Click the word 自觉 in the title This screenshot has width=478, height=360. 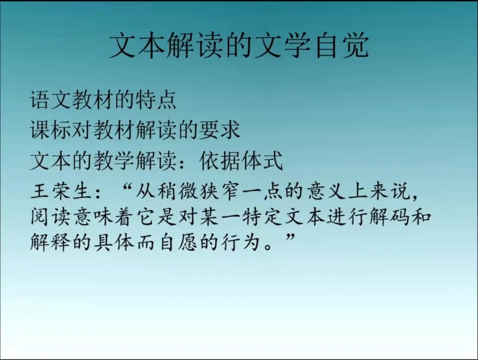tap(343, 45)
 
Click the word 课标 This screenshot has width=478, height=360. tap(50, 130)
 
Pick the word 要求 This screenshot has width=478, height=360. tap(220, 130)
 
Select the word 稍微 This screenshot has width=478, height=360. tap(178, 192)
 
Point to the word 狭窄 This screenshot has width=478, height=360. tap(220, 192)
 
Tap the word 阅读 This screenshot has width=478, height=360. tap(50, 217)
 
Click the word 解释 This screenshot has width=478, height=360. tap(50, 242)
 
